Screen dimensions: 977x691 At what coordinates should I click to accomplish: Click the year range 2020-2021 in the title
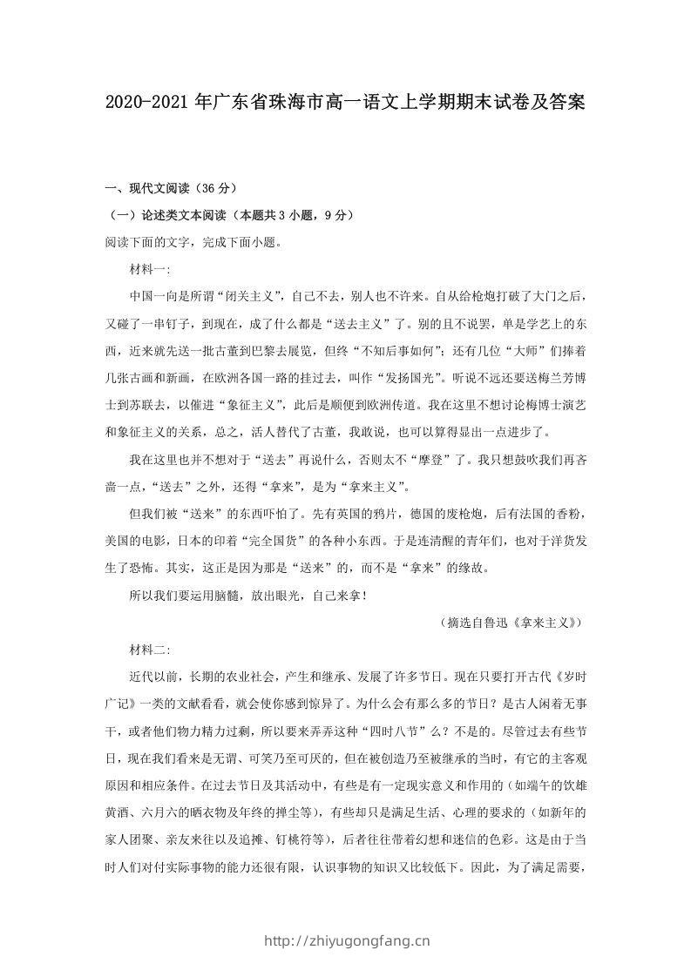(148, 104)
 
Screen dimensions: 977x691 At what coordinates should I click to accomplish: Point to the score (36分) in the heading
(213, 188)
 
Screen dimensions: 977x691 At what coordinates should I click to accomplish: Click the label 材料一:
(150, 269)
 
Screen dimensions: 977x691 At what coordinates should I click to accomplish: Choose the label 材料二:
(150, 650)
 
